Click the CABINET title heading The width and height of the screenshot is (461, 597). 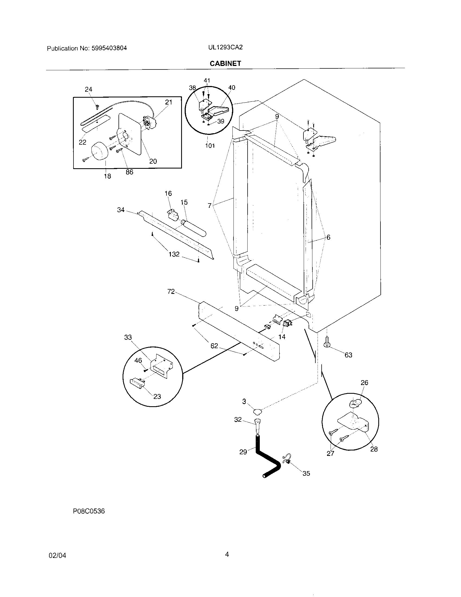coord(225,63)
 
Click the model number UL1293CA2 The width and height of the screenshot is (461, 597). coord(225,47)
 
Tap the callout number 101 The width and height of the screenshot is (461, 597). coord(210,146)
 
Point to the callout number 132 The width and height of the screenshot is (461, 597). coord(174,254)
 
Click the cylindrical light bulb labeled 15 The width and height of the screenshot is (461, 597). coord(194,227)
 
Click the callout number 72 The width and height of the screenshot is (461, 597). coord(171,292)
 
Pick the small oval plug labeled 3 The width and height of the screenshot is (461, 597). coord(257,411)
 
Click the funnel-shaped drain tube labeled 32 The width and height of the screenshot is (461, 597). coord(257,425)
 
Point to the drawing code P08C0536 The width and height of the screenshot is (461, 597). coord(89,511)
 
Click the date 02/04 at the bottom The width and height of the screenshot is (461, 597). coord(57,555)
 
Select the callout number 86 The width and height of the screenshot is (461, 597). coord(129,172)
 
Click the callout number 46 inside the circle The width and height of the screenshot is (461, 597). coord(138,361)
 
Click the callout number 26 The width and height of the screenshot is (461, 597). coord(364,383)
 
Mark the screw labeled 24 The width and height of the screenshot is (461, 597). coord(97,105)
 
